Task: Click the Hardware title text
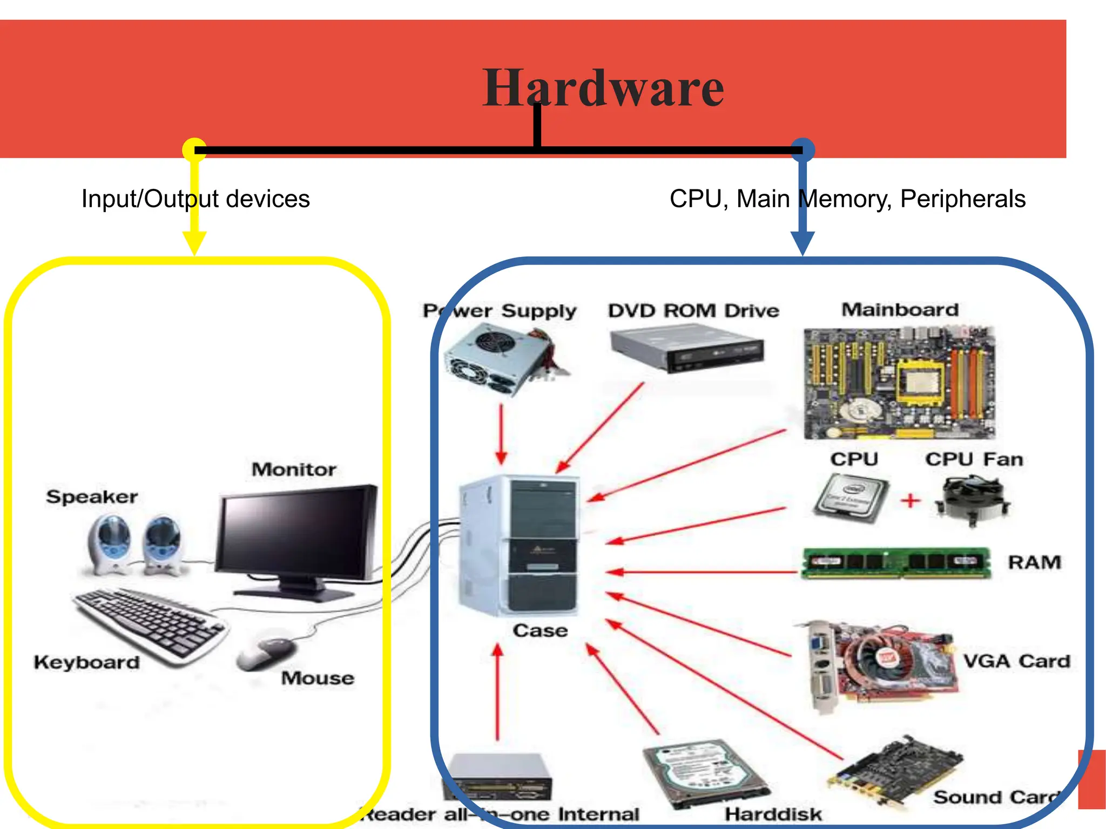[x=603, y=88]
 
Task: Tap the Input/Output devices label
[x=195, y=199]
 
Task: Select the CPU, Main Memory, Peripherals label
[x=847, y=199]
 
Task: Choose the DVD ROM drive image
[x=687, y=350]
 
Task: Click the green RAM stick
[x=895, y=562]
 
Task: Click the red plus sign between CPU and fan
[x=911, y=500]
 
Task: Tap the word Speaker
[x=92, y=497]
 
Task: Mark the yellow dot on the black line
[x=194, y=150]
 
